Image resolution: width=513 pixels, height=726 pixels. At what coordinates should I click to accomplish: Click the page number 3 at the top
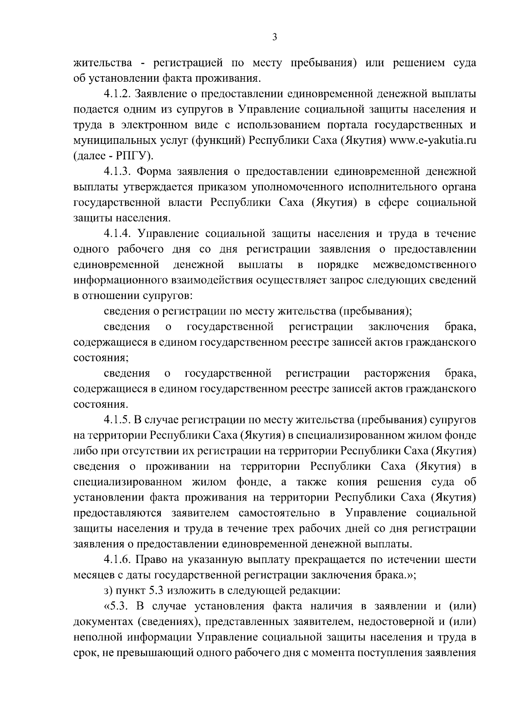pyautogui.click(x=274, y=38)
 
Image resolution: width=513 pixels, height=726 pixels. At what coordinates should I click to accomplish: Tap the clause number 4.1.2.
pyautogui.click(x=117, y=94)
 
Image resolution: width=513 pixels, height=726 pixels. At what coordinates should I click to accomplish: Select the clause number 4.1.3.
pyautogui.click(x=117, y=172)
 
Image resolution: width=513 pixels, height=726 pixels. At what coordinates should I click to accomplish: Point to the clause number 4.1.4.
pyautogui.click(x=117, y=234)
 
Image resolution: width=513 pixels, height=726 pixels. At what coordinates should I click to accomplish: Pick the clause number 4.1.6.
pyautogui.click(x=117, y=560)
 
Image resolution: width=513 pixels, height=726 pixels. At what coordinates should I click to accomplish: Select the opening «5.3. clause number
pyautogui.click(x=117, y=606)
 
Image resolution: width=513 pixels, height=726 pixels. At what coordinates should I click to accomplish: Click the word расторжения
pyautogui.click(x=397, y=373)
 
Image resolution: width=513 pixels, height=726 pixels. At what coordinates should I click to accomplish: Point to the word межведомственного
pyautogui.click(x=425, y=265)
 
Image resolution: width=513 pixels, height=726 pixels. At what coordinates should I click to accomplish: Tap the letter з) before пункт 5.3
pyautogui.click(x=108, y=591)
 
